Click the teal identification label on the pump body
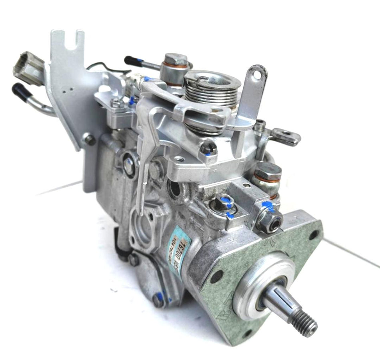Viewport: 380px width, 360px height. pyautogui.click(x=178, y=248)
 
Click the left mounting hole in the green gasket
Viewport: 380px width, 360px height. pyautogui.click(x=216, y=276)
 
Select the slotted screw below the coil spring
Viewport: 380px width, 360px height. pyautogui.click(x=208, y=149)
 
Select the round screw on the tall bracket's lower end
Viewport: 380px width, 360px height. pyautogui.click(x=90, y=140)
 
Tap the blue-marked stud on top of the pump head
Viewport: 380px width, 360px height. pyautogui.click(x=224, y=202)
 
